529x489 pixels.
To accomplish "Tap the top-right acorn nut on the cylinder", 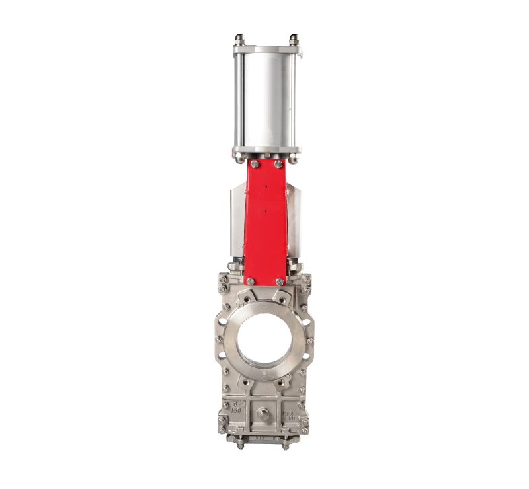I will [x=294, y=38].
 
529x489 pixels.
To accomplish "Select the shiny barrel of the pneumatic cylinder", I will [x=265, y=99].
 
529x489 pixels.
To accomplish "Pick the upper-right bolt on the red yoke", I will [x=278, y=164].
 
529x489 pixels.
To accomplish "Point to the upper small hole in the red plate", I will [x=264, y=187].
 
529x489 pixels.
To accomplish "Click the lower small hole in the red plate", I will [x=264, y=211].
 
